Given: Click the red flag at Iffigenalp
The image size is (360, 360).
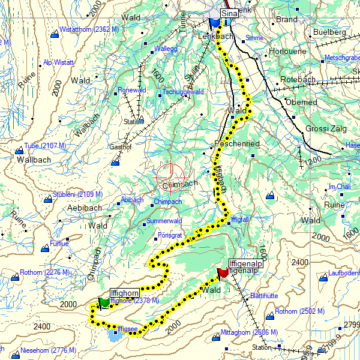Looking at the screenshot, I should tap(223, 274).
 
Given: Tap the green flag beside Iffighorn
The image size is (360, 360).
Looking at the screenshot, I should tap(104, 302).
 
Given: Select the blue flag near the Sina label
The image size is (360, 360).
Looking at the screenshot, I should tap(215, 23).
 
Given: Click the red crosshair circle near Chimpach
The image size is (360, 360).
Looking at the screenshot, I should tap(169, 178).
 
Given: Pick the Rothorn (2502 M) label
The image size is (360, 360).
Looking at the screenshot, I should tap(299, 311).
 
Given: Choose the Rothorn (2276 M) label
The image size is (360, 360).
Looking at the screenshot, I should tap(44, 272).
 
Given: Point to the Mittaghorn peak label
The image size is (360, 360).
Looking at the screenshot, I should tap(249, 332).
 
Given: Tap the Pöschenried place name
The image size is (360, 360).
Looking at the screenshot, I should tap(237, 144).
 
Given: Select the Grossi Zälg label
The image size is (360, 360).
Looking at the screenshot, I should tap(326, 128).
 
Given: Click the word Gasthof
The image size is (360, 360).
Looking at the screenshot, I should tap(119, 146).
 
